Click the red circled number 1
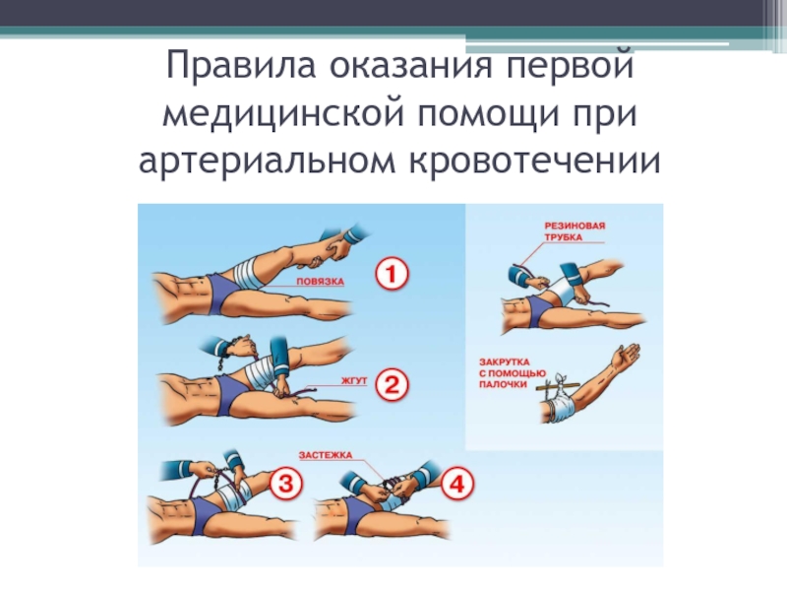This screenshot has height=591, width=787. (x=392, y=274)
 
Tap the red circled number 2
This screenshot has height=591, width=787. (x=392, y=384)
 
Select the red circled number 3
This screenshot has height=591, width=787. (x=286, y=484)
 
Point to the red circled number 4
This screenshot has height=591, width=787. (x=456, y=484)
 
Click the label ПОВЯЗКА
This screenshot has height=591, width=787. (x=321, y=282)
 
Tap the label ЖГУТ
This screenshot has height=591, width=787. (x=354, y=380)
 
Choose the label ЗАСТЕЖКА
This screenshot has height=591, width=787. (x=326, y=455)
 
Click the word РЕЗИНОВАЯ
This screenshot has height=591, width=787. (x=575, y=226)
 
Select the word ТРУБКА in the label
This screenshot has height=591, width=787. (x=563, y=237)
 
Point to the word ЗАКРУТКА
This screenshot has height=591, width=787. (x=505, y=361)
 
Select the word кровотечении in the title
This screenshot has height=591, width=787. (x=535, y=161)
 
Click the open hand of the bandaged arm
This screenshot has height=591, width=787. (x=626, y=356)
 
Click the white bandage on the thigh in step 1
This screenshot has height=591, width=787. (x=249, y=274)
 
